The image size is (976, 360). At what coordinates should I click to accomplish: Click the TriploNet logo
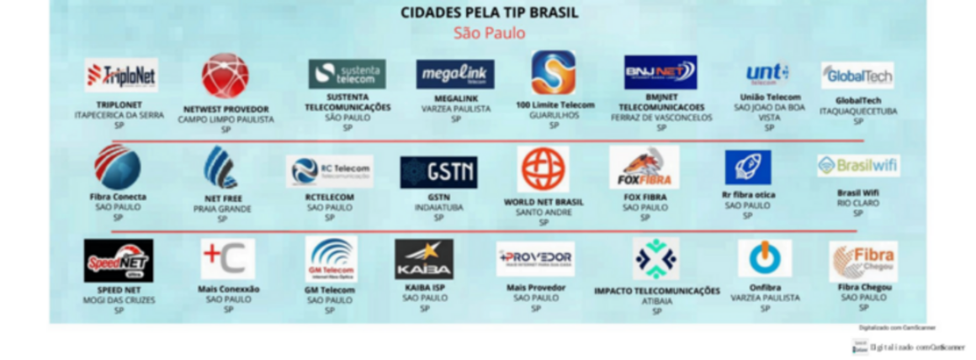[121, 76]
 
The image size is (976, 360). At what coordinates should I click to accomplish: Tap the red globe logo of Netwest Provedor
[225, 76]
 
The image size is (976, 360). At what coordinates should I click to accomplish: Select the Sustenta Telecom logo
[347, 74]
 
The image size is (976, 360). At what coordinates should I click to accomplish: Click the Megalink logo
[455, 74]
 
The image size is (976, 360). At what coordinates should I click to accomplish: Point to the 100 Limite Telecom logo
[554, 73]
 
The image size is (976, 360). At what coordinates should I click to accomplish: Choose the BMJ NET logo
[660, 73]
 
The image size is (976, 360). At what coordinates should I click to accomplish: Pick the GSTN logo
[438, 172]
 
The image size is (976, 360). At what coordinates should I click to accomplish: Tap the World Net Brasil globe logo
[543, 169]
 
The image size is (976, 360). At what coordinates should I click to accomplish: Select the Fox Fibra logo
[644, 167]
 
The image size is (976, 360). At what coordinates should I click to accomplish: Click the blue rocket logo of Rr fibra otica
[747, 167]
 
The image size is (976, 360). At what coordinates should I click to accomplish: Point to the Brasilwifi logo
[857, 166]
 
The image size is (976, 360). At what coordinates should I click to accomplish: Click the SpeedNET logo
[119, 260]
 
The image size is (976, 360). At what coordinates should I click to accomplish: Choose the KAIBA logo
[424, 259]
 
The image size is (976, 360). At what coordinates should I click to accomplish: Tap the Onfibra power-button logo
[765, 259]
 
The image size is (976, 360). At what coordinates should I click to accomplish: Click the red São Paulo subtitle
[489, 34]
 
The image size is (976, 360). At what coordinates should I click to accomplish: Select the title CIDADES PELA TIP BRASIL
[489, 13]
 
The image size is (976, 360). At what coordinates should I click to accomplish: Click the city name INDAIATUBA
[438, 207]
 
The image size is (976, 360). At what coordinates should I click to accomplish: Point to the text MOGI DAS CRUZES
[119, 299]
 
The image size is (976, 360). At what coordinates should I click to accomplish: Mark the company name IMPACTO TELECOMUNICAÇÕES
[657, 291]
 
